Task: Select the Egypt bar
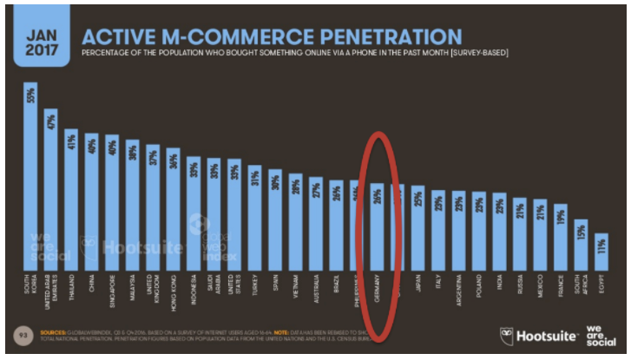[x=601, y=260]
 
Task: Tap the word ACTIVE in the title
[x=122, y=36]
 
